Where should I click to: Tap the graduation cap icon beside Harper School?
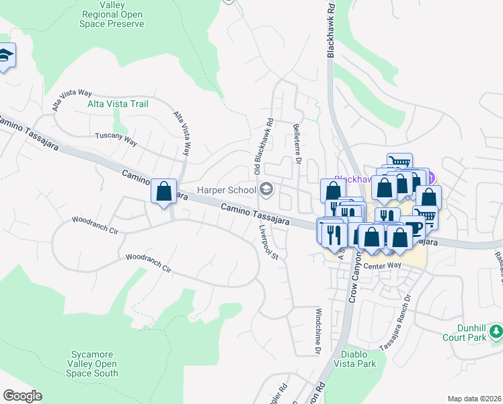(267, 190)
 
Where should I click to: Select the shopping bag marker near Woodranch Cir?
(163, 192)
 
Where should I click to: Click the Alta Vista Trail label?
(118, 104)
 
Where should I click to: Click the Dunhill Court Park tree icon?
(496, 331)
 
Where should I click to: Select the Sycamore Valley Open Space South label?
(95, 364)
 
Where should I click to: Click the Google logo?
(22, 396)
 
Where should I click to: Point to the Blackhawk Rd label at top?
(331, 32)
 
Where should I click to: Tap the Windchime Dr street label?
(318, 331)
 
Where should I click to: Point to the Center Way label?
(382, 266)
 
